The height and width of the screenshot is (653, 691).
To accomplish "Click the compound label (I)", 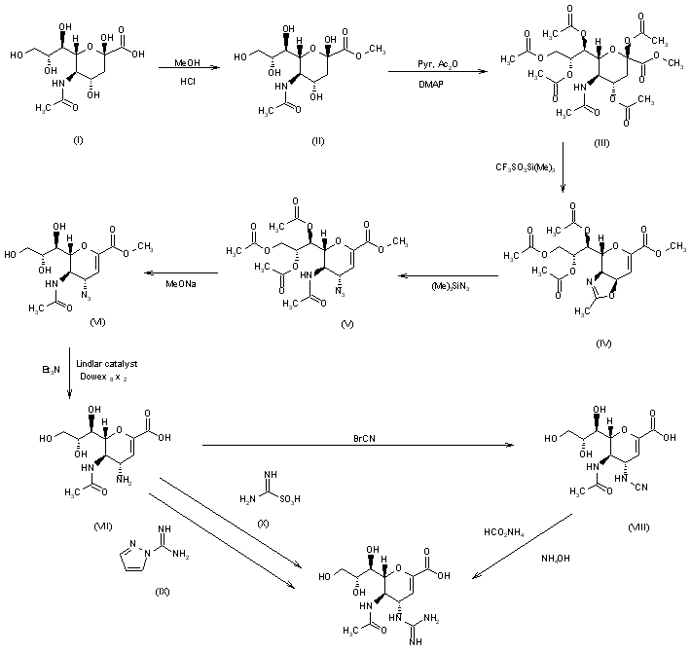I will click(x=79, y=140).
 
